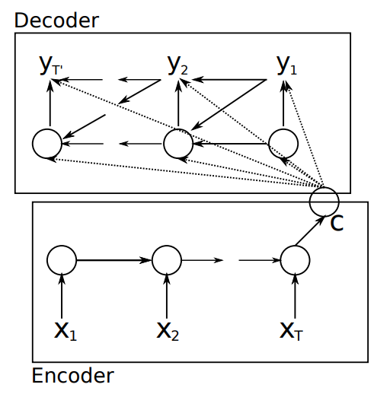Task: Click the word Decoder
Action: [x=56, y=20]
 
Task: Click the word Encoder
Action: [x=73, y=376]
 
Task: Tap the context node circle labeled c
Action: [x=324, y=200]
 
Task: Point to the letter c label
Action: [x=335, y=222]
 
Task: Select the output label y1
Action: [x=287, y=67]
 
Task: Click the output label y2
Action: [x=177, y=67]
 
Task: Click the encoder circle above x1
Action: [x=61, y=260]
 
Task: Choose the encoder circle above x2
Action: [x=167, y=260]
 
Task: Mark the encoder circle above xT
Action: [x=295, y=260]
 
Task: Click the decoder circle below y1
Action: [x=283, y=142]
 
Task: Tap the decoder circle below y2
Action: [x=177, y=142]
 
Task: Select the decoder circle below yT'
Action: [x=47, y=143]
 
